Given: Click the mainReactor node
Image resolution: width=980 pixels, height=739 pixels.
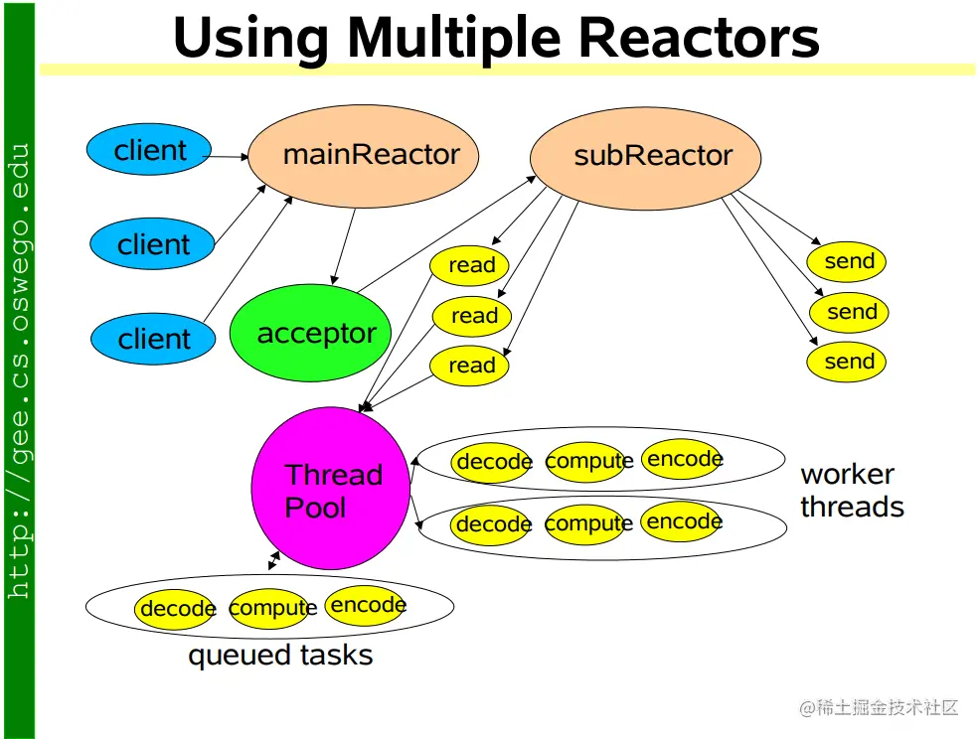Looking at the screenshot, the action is [363, 156].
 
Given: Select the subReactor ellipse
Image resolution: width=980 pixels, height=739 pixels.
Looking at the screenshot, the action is [646, 158].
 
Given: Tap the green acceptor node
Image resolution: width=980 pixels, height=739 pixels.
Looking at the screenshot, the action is [311, 333].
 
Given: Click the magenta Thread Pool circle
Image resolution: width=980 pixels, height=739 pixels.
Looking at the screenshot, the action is [331, 488].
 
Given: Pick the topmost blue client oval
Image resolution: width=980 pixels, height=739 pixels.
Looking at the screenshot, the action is [149, 149].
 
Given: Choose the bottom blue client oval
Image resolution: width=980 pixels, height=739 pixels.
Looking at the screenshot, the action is [153, 339].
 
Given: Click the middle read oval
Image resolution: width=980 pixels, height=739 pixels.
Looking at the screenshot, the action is [472, 316].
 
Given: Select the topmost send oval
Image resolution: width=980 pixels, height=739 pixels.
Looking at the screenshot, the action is [846, 262].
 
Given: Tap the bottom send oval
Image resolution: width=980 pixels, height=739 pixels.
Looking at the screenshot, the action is [846, 362].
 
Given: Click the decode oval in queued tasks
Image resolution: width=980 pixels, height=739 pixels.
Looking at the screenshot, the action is [175, 608].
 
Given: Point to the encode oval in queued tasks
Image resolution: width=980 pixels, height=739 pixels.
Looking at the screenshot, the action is [366, 605].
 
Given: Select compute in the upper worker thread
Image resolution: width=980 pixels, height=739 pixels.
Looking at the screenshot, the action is [588, 462].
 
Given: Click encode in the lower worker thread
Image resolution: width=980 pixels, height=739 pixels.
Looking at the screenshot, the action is [682, 521].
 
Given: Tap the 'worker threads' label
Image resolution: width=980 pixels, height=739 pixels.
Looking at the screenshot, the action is [852, 491].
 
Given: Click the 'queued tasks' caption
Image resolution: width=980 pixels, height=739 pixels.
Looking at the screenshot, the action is [280, 656].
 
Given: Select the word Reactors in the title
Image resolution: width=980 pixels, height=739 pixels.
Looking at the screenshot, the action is [699, 38].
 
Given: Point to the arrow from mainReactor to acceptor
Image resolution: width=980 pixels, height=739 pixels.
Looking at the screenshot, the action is [344, 246].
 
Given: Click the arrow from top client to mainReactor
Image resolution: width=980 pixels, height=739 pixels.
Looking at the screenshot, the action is [228, 156].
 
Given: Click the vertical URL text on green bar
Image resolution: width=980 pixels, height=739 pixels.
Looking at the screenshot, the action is [19, 371].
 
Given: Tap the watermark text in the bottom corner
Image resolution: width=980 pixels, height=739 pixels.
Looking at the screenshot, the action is [879, 708].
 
